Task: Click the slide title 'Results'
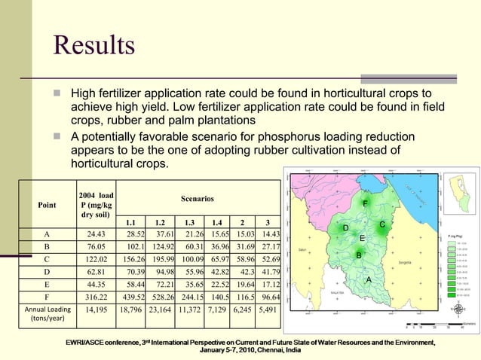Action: (x=93, y=44)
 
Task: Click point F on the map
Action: (x=366, y=203)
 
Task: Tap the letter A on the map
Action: (x=369, y=280)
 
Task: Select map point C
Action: (x=383, y=224)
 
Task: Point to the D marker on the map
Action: (x=345, y=227)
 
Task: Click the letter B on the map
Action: (x=359, y=256)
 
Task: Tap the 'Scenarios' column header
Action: (x=198, y=198)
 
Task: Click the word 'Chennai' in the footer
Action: (x=271, y=351)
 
